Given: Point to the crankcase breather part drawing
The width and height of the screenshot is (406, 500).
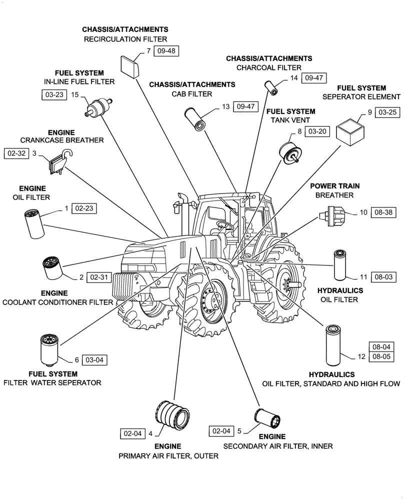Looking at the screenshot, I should tap(56, 162).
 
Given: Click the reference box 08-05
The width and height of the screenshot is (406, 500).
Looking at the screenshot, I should tap(380, 357).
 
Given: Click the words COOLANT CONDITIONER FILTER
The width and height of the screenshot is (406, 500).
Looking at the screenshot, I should tap(58, 302).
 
